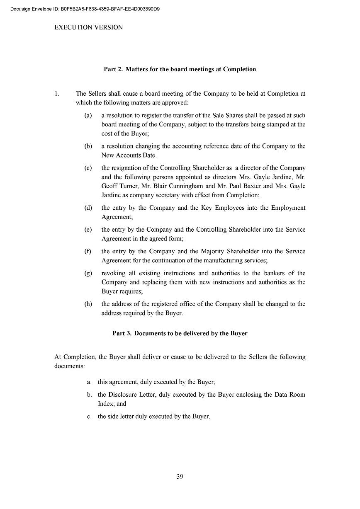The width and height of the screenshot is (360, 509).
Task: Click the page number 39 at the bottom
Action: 180,476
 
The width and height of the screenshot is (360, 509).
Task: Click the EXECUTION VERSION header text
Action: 89,27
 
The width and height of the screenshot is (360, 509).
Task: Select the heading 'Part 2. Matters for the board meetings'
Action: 180,69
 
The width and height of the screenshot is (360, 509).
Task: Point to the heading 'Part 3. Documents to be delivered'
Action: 180,333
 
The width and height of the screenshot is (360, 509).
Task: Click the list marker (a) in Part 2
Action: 88,115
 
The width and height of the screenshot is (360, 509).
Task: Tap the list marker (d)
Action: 88,208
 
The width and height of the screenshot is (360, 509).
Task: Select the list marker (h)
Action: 88,304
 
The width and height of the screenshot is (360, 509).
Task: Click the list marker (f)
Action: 88,251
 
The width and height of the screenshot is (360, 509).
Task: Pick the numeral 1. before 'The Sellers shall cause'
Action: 58,94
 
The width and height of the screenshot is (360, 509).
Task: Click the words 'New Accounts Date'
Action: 129,155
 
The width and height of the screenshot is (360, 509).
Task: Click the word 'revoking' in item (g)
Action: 113,273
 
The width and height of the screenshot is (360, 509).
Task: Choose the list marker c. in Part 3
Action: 89,416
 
